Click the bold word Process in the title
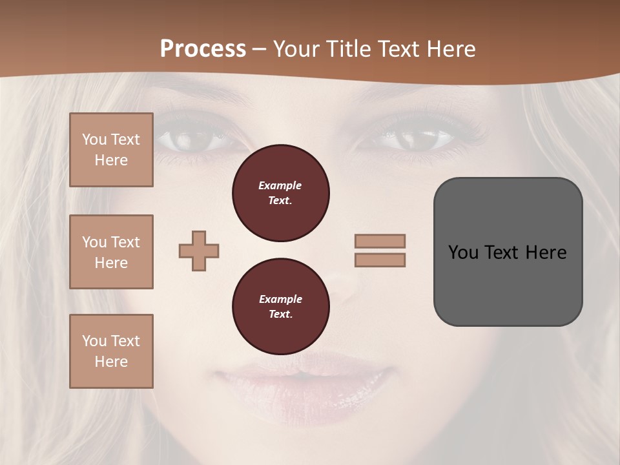pyautogui.click(x=203, y=49)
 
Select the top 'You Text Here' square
pyautogui.click(x=111, y=150)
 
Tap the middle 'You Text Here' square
pyautogui.click(x=111, y=252)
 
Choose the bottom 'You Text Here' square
pyautogui.click(x=111, y=351)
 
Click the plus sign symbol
pyautogui.click(x=199, y=251)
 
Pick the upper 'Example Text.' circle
pyautogui.click(x=280, y=193)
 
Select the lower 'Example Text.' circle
pyautogui.click(x=280, y=307)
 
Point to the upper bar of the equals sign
pyautogui.click(x=380, y=241)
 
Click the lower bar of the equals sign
pyautogui.click(x=380, y=260)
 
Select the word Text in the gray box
pyautogui.click(x=501, y=252)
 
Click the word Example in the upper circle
pyautogui.click(x=280, y=185)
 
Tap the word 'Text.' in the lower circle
pyautogui.click(x=280, y=315)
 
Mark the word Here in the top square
pyautogui.click(x=111, y=160)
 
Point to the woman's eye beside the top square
pyautogui.click(x=187, y=138)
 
